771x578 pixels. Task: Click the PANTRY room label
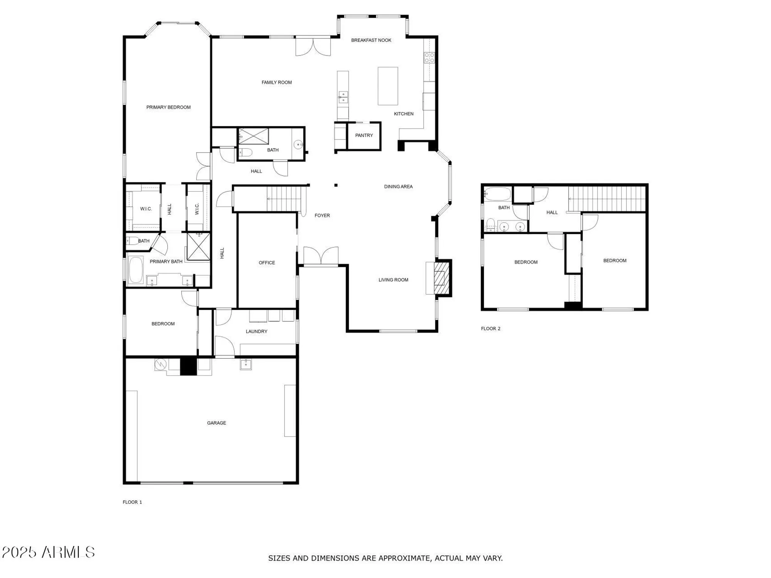click(364, 135)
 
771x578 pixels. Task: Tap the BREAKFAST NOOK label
click(371, 40)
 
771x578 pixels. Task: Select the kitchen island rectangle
click(387, 86)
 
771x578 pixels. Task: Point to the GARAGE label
click(216, 423)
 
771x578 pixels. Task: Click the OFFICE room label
click(267, 263)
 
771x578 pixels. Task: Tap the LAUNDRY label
click(256, 331)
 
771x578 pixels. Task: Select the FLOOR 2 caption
click(490, 329)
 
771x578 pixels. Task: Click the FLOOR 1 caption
click(132, 502)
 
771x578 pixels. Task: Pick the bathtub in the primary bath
click(136, 270)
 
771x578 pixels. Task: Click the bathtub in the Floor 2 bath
click(498, 194)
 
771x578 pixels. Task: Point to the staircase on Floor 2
click(607, 198)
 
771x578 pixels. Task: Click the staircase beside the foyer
click(284, 198)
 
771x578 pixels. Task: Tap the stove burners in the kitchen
click(429, 58)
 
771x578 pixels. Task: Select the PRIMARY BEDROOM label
click(168, 107)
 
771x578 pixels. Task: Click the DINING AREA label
click(398, 187)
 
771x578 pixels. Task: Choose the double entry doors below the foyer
click(321, 256)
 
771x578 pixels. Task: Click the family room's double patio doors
click(313, 47)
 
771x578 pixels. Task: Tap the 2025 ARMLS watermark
click(48, 552)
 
